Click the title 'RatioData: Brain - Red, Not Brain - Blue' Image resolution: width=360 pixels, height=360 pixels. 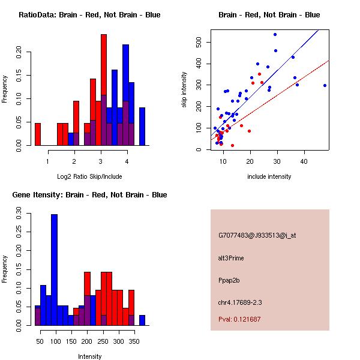pyautogui.click(x=89, y=15)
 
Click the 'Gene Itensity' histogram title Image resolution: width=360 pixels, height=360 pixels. pyautogui.click(x=89, y=195)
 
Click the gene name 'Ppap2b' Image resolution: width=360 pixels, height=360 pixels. pyautogui.click(x=229, y=280)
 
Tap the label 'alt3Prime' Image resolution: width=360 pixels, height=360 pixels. pyautogui.click(x=231, y=258)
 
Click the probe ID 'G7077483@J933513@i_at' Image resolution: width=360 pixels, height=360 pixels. pyautogui.click(x=257, y=235)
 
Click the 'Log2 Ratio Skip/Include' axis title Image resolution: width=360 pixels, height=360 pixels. pyautogui.click(x=89, y=176)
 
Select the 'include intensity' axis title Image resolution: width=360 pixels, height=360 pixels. pyautogui.click(x=269, y=176)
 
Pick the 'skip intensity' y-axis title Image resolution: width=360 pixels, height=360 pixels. pyautogui.click(x=184, y=90)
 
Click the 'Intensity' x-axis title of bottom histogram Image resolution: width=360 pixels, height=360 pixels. pyautogui.click(x=89, y=356)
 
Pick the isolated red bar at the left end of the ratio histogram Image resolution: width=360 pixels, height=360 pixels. pyautogui.click(x=38, y=134)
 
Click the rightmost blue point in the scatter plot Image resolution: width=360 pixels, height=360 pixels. pyautogui.click(x=325, y=85)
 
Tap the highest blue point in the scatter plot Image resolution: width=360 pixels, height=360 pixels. pyautogui.click(x=275, y=34)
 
